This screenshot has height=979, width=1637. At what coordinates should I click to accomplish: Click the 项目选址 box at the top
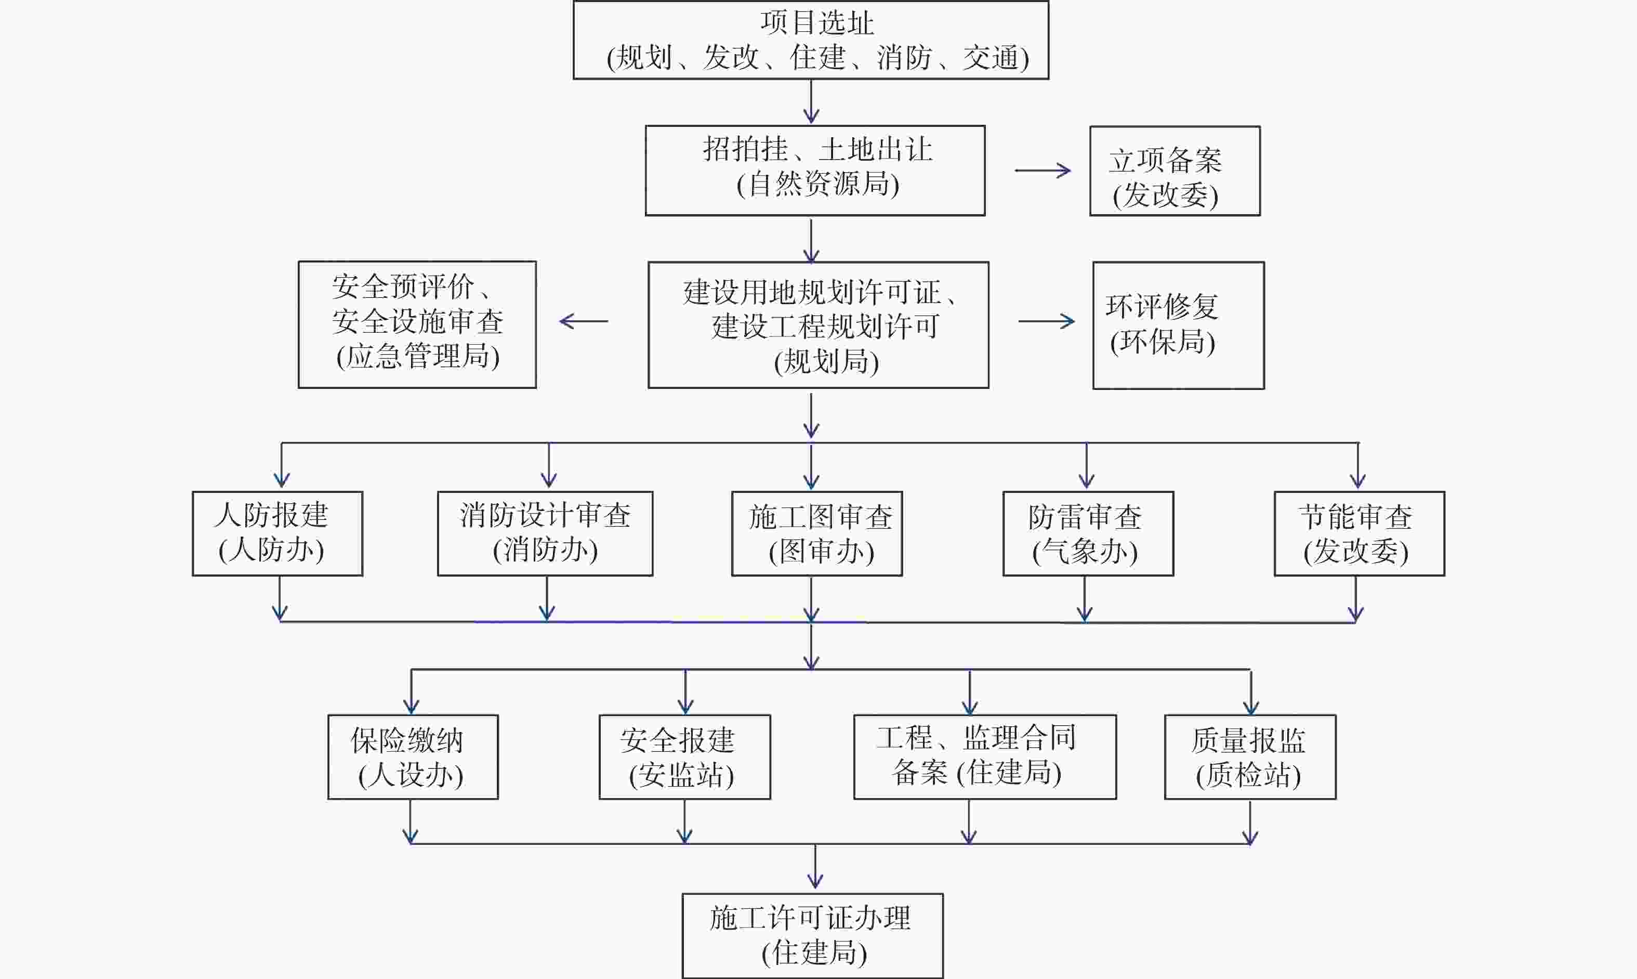tap(811, 40)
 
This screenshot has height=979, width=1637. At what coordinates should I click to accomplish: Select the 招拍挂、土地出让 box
tap(815, 170)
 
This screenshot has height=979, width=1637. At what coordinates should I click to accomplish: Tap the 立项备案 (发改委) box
tap(1175, 171)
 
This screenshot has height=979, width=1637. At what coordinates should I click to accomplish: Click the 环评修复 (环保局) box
tap(1178, 325)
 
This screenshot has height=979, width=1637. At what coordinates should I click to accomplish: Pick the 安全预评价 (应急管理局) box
tap(417, 324)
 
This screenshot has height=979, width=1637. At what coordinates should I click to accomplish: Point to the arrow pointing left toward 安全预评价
tap(584, 321)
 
